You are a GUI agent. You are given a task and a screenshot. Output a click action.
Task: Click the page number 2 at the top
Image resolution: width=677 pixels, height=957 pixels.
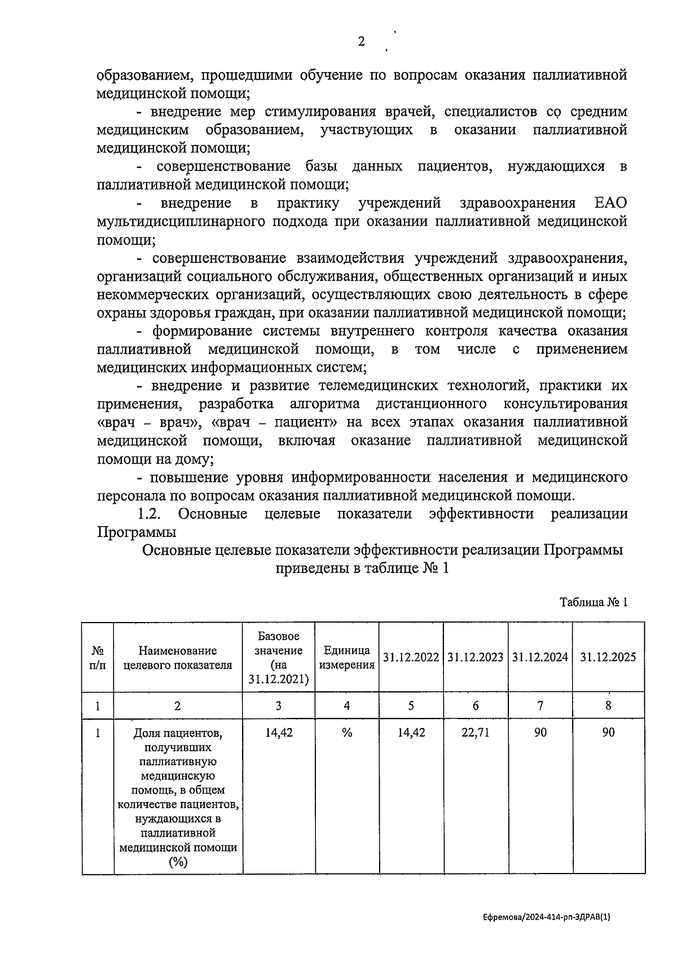(362, 41)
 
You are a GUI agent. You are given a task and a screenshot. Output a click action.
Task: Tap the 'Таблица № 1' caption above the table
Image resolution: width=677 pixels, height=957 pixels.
(594, 602)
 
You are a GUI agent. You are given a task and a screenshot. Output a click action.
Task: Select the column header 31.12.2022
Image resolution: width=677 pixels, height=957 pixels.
(411, 657)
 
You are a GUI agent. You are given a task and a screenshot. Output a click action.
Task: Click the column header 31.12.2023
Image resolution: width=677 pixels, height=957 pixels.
(476, 657)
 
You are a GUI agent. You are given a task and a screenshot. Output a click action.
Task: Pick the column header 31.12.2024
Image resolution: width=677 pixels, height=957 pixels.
(540, 657)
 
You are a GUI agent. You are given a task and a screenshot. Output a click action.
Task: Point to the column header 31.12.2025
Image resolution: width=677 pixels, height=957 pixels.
(608, 657)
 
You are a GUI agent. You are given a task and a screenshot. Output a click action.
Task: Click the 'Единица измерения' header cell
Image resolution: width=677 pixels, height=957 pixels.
(347, 658)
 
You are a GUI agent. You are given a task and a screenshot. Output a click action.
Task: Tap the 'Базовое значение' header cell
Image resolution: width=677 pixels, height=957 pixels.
(279, 658)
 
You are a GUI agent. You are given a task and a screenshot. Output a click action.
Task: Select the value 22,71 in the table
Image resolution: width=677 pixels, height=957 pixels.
(476, 733)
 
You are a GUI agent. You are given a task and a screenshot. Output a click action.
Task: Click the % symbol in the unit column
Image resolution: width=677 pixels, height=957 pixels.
(347, 733)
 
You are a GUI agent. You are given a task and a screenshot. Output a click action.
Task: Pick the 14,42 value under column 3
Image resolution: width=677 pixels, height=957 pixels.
(279, 733)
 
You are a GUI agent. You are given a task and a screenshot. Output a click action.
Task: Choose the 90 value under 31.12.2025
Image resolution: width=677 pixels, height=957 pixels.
(608, 733)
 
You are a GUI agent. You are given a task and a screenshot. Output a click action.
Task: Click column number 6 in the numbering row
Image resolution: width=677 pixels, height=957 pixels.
(476, 705)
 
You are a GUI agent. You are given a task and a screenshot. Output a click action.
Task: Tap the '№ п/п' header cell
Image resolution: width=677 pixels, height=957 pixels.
(98, 658)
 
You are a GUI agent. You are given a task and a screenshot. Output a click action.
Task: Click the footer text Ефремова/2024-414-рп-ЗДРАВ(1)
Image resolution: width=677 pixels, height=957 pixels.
(547, 918)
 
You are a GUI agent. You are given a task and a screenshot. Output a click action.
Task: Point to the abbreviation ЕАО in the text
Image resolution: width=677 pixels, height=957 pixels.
(611, 203)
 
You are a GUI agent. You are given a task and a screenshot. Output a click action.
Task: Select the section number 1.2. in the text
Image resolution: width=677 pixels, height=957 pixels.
(150, 514)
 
